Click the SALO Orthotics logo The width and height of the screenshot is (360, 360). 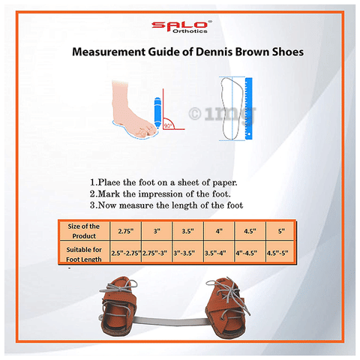[x=181, y=27]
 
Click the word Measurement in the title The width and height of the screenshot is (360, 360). [x=109, y=52]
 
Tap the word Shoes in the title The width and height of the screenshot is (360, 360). [x=288, y=52]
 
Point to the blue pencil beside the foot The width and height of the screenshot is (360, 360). [x=157, y=113]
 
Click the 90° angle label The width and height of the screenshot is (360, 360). [x=168, y=125]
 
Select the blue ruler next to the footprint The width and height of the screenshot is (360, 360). [x=248, y=109]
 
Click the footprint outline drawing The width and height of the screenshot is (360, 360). [x=230, y=109]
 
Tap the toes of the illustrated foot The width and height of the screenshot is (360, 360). [x=147, y=130]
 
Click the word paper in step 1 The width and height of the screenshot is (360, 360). [x=225, y=183]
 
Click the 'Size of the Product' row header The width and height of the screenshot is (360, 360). [x=84, y=231]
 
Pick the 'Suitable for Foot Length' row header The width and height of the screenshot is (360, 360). [x=84, y=254]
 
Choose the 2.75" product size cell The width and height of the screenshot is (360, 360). [x=126, y=231]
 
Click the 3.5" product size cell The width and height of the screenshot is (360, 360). [x=187, y=231]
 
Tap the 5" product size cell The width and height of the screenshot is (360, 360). [x=281, y=231]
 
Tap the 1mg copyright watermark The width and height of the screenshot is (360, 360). [x=222, y=114]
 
